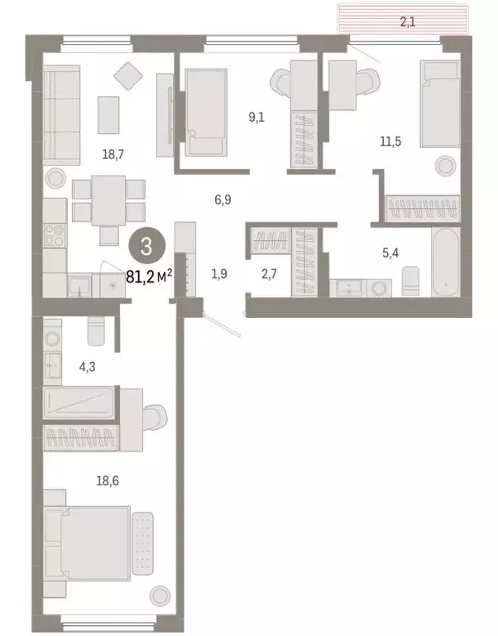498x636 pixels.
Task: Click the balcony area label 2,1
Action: [x=407, y=22]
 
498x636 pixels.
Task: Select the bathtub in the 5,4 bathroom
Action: [x=445, y=266]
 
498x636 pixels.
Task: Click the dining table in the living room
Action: [x=108, y=200]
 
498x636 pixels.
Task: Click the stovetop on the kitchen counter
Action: [x=55, y=234]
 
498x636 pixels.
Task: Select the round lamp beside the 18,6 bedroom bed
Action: [x=160, y=595]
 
